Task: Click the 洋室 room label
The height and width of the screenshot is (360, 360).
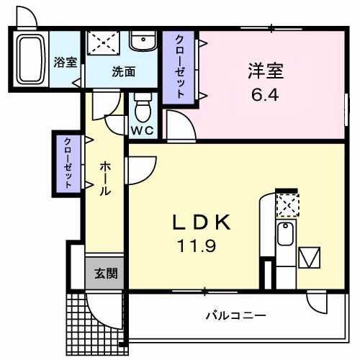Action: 266,71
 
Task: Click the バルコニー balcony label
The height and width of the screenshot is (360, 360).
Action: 235,315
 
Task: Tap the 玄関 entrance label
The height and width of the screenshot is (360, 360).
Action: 101,274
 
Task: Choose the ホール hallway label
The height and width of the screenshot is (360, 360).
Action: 105,179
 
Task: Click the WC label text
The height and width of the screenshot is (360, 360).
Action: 141,130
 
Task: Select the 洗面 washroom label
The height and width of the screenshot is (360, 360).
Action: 123,71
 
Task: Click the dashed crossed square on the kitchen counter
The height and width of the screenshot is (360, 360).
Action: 287,205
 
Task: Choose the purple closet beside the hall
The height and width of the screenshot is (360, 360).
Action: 68,163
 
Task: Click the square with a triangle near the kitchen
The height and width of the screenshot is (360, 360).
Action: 311,257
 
